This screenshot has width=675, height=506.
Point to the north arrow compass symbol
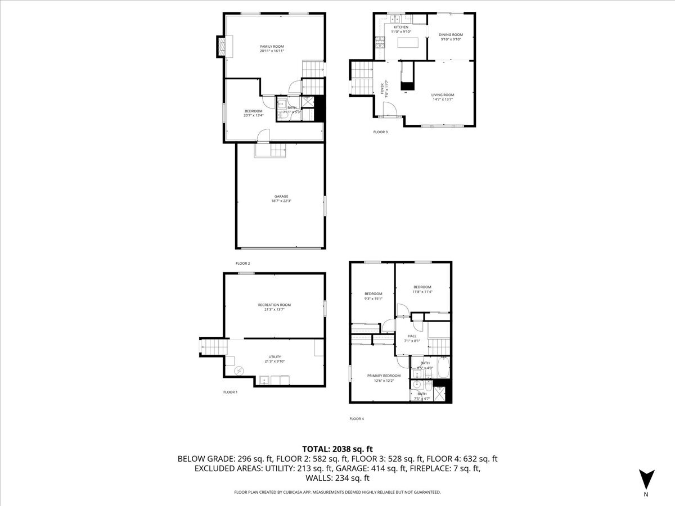pos(646,479)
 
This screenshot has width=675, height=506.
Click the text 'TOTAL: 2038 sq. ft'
pos(337,449)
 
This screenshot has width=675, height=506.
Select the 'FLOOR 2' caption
pos(242,263)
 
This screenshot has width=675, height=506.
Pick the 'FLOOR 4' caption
pos(357,418)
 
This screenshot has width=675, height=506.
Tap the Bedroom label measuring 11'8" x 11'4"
pos(422,290)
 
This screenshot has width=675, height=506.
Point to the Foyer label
pos(384,90)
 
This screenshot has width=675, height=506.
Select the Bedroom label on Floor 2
pos(253,114)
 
